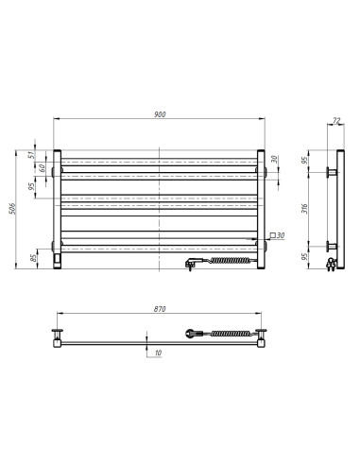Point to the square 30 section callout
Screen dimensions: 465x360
[x=277, y=234]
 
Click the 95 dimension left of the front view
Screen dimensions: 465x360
[x=31, y=186]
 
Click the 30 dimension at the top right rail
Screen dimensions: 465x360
[x=275, y=160]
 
